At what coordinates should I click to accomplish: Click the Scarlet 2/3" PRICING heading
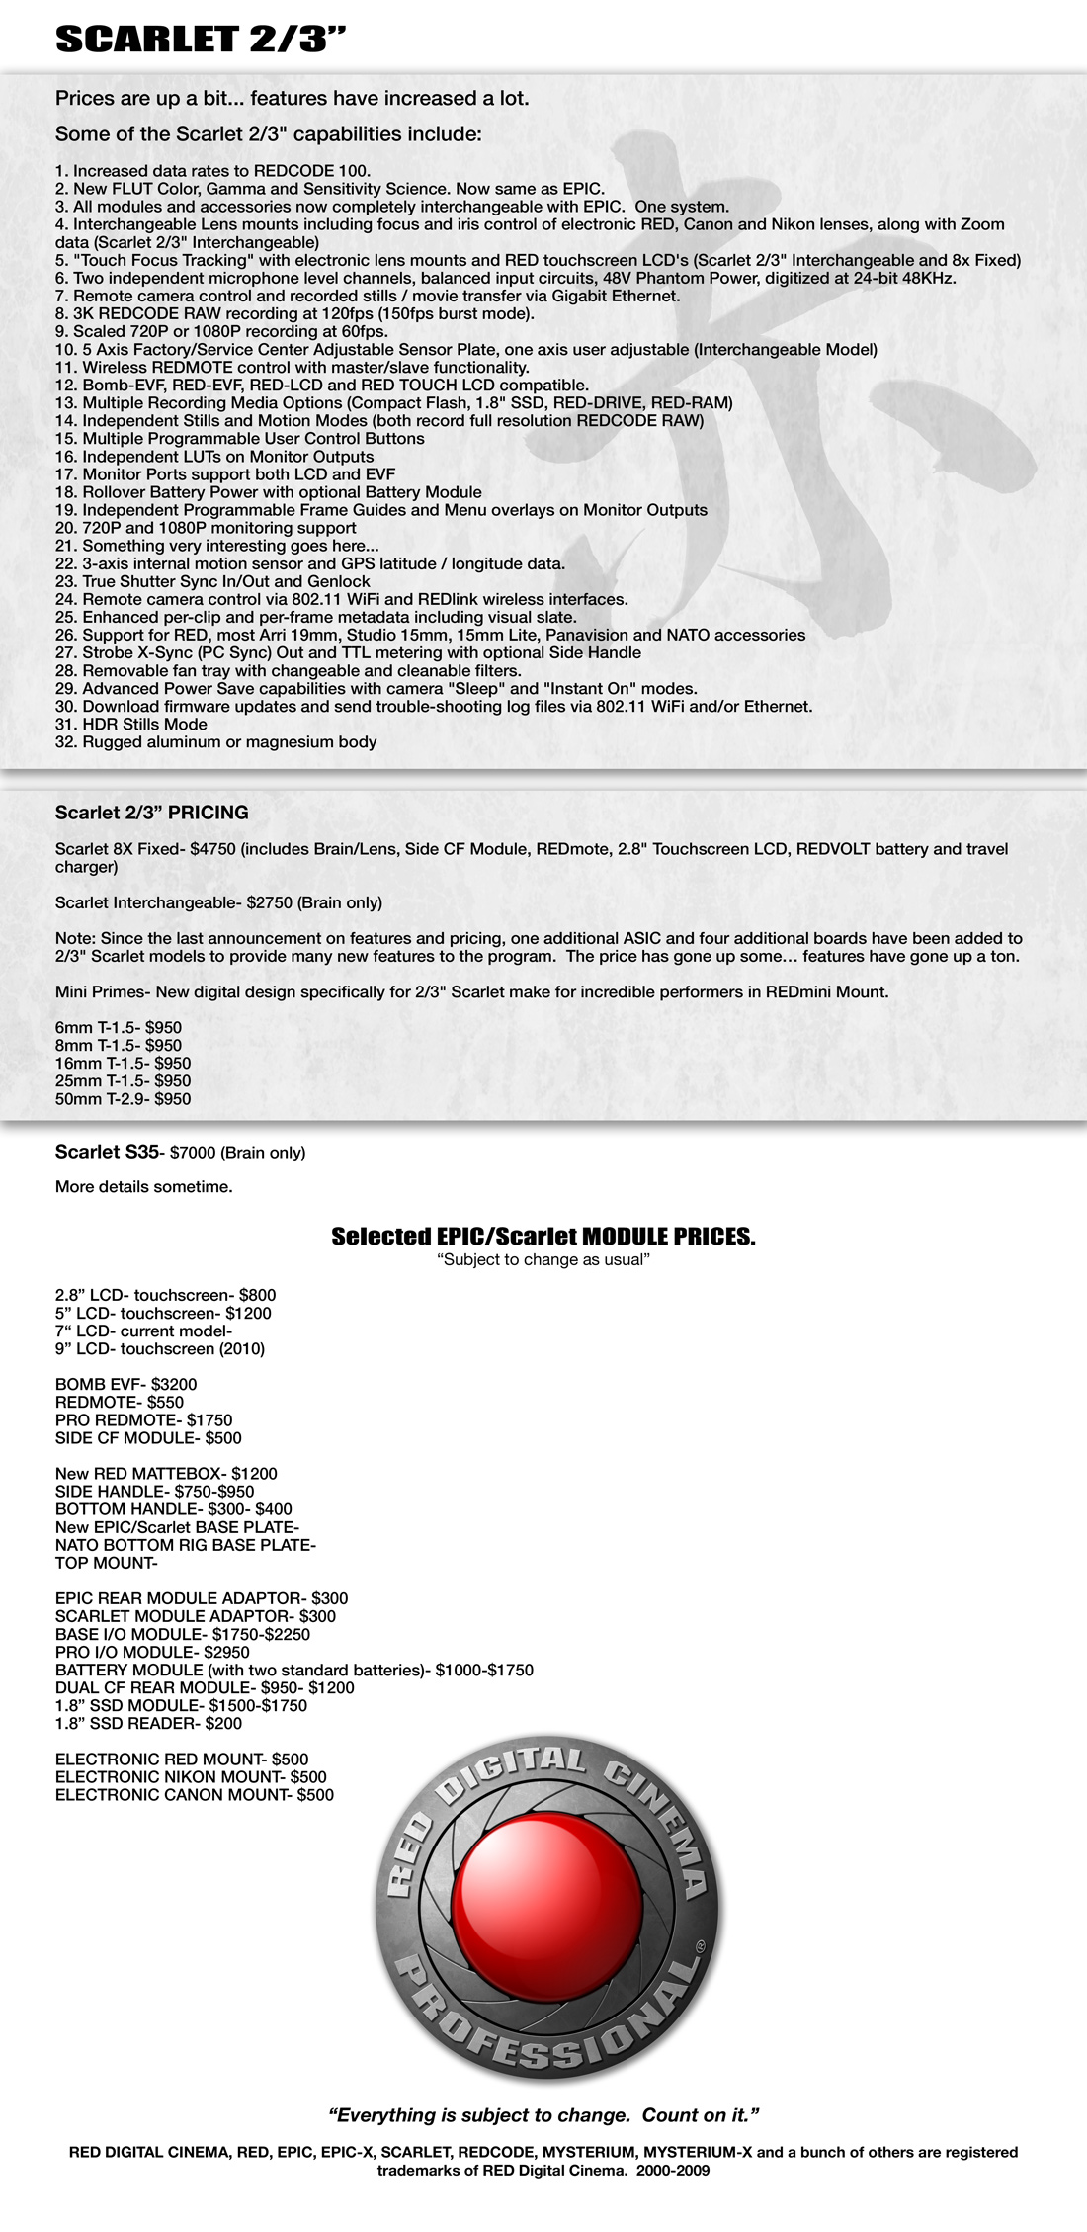151,813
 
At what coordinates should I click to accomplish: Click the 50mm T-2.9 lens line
123,1099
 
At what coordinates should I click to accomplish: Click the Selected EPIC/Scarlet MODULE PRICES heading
543,1237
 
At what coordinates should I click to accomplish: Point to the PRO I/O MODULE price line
152,1652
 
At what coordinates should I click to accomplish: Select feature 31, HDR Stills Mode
130,725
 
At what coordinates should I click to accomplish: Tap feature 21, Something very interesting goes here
216,546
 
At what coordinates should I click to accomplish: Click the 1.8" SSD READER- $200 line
148,1723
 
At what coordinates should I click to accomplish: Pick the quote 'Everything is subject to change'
543,2115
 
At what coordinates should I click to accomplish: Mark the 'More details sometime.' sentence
143,1187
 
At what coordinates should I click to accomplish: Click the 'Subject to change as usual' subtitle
543,1260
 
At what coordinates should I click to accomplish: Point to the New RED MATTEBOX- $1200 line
166,1474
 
